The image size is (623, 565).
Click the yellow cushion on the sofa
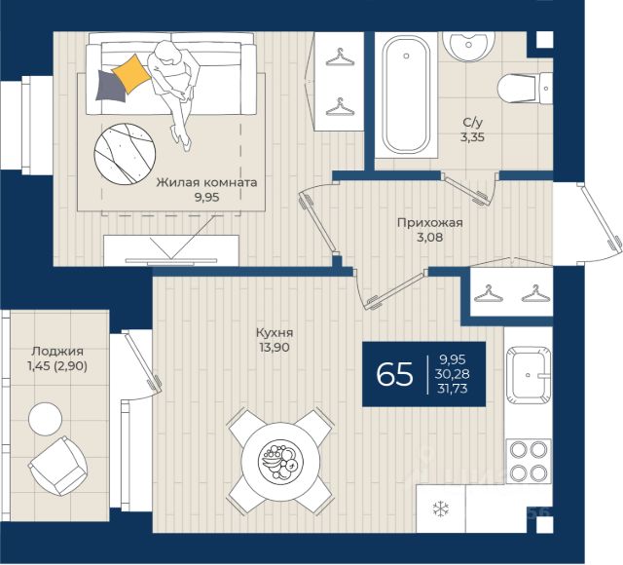131,73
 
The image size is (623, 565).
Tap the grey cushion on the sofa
111,86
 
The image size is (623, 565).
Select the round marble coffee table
125,154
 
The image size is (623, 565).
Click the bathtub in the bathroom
406,94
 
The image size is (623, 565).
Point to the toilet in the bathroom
525,89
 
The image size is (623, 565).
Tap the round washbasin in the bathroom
468,46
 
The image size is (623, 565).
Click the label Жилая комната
206,182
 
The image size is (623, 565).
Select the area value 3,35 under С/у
473,137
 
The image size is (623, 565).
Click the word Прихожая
430,223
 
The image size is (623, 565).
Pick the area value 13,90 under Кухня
275,347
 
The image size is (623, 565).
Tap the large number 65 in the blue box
394,374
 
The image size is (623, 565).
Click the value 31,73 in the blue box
452,388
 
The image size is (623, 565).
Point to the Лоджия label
57,351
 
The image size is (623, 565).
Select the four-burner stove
528,461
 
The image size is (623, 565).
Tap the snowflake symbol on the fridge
441,508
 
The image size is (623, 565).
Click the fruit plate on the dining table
280,461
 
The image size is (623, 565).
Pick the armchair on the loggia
58,466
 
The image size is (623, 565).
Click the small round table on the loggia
46,419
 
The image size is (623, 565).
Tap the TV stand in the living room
171,250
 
